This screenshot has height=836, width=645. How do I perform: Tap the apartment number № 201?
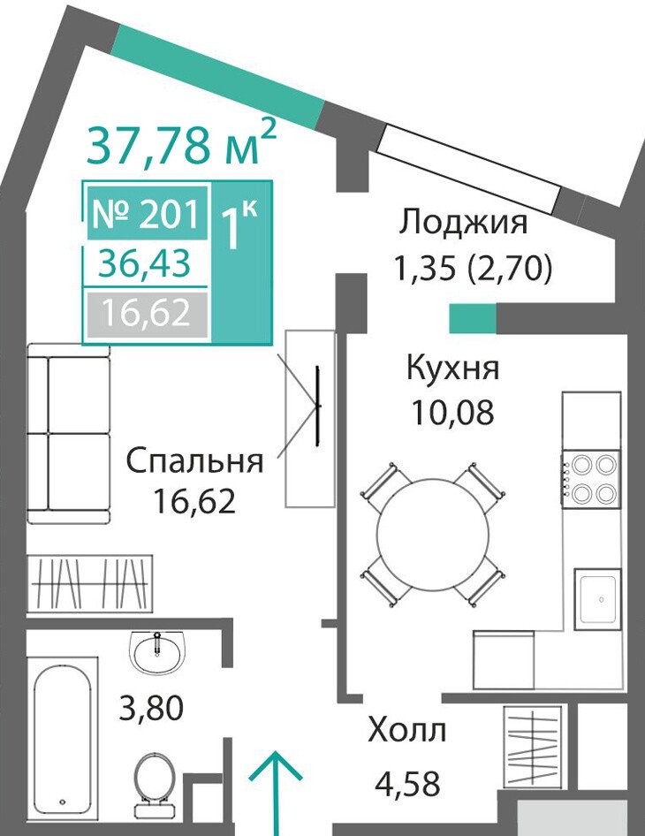(146, 215)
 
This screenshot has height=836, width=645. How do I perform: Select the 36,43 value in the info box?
(144, 263)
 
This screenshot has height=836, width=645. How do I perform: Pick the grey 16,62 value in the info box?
(147, 313)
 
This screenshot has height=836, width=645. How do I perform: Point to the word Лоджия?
(464, 222)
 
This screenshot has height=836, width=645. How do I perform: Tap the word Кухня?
(452, 368)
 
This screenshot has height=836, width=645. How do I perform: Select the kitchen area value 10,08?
(452, 412)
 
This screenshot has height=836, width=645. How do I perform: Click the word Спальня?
(195, 460)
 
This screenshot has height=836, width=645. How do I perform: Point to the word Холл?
(406, 730)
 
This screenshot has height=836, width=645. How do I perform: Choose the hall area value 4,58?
(408, 783)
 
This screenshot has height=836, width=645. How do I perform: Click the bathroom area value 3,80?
(151, 709)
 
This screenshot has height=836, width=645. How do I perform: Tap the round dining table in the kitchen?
(433, 534)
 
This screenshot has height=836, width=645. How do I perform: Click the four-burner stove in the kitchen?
(590, 479)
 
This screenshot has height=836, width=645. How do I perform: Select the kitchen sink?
(597, 600)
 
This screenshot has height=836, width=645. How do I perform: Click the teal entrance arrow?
(277, 794)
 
